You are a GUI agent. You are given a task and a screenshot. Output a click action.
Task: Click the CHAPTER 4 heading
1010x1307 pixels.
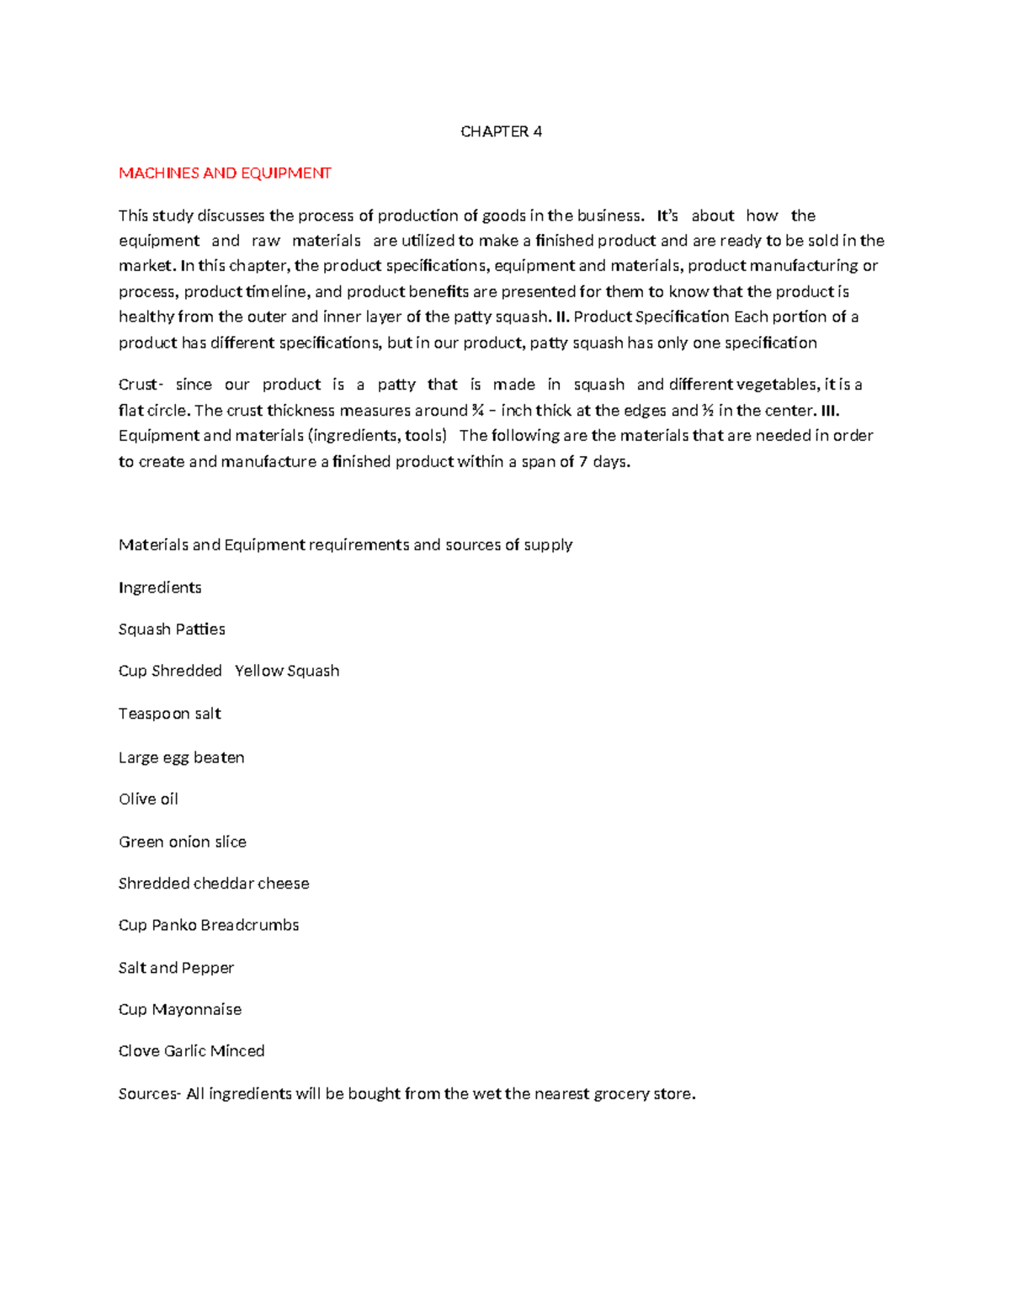coord(501,131)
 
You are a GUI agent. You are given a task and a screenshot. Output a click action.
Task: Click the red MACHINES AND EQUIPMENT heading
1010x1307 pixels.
coord(225,173)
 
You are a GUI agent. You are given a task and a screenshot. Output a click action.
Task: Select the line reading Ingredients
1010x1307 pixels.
coord(160,587)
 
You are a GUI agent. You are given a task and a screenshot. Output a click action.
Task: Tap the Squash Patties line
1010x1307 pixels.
coord(172,630)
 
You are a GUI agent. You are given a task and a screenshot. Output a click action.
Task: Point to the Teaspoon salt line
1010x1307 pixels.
coord(169,714)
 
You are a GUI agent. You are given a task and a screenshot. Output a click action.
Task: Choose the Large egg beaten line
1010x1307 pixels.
coord(181,757)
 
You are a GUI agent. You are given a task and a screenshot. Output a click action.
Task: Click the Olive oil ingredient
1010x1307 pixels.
coord(148,799)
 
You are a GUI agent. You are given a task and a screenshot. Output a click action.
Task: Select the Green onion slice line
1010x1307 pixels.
coord(182,842)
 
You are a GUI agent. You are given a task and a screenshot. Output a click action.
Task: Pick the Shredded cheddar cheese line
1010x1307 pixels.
coord(214,883)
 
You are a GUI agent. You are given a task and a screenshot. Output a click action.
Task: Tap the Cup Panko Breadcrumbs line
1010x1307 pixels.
coord(209,925)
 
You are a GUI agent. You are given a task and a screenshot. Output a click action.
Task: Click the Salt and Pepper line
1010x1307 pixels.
coord(176,968)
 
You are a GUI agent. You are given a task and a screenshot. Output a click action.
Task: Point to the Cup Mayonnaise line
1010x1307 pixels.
coord(179,1009)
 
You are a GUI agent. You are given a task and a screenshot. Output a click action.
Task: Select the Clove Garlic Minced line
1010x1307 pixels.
coord(191,1050)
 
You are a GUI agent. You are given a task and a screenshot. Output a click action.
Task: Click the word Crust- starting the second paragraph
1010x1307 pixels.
coord(140,385)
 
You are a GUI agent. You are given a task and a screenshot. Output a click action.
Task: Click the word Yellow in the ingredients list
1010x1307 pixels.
coord(258,671)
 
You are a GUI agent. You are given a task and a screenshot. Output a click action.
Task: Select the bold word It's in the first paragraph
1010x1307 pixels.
coord(667,215)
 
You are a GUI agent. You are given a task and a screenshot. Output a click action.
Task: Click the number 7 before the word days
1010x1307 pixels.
coord(583,461)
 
